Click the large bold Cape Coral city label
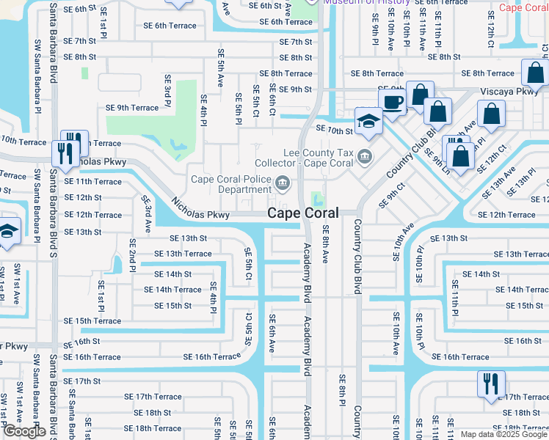click(302, 213)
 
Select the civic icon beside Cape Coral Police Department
click(281, 183)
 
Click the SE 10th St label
click(335, 130)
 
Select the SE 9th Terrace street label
click(132, 108)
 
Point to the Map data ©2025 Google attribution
click(503, 434)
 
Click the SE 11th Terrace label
click(92, 181)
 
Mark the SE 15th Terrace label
click(92, 321)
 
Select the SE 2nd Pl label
click(133, 253)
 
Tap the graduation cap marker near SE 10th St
click(368, 121)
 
